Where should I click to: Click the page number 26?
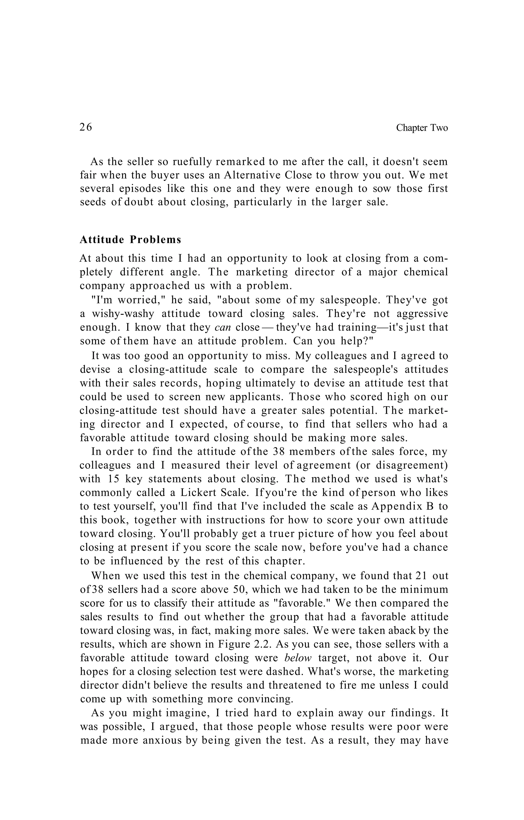(x=85, y=127)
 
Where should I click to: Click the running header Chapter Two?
(x=422, y=128)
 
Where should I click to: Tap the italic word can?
(x=223, y=328)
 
